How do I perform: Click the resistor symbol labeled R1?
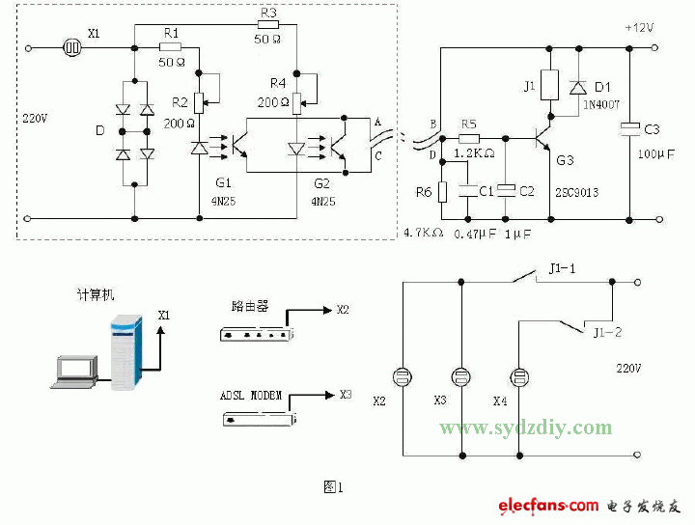(x=170, y=46)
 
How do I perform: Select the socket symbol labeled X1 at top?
(x=70, y=46)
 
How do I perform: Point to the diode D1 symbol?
(x=576, y=88)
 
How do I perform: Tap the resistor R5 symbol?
(x=468, y=138)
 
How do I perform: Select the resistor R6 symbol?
(x=442, y=190)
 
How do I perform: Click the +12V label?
(x=639, y=28)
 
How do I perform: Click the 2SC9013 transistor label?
(x=576, y=193)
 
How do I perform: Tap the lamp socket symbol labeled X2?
(x=401, y=375)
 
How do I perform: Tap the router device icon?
(x=257, y=333)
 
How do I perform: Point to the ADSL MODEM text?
(x=252, y=396)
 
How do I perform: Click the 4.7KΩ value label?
(x=423, y=233)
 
